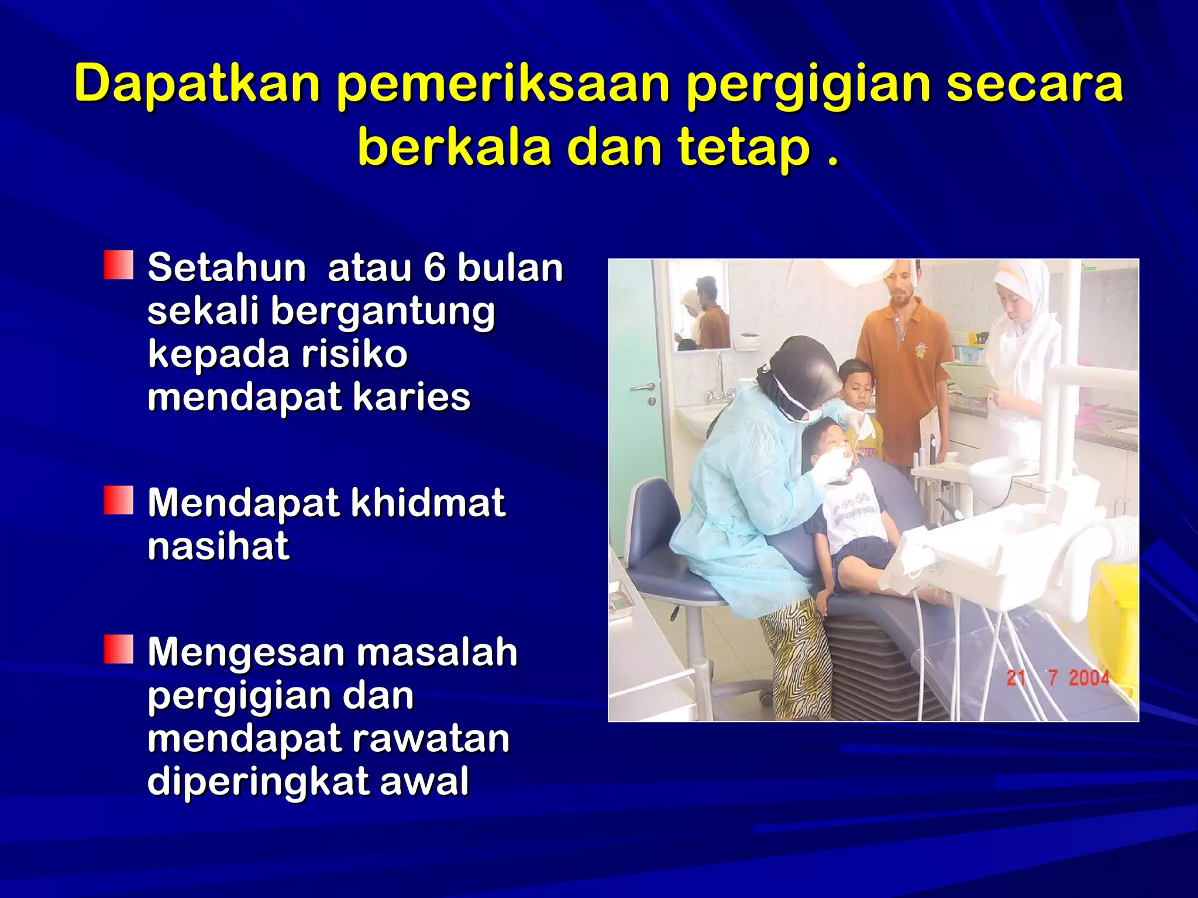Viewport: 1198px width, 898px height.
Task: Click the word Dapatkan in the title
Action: (197, 82)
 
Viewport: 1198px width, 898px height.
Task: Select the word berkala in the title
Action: (454, 147)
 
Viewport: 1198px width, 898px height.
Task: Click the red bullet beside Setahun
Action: (119, 265)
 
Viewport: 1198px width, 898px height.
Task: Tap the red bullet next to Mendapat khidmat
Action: (119, 500)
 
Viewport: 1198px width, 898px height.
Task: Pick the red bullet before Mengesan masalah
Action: (119, 649)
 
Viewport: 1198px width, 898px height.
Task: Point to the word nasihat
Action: (218, 546)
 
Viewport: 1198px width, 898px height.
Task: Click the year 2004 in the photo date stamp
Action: (1089, 678)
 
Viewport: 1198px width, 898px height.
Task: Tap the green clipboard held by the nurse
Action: (969, 375)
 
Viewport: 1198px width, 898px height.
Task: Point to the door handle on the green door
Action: (642, 388)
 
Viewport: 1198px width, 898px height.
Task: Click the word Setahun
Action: (226, 268)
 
